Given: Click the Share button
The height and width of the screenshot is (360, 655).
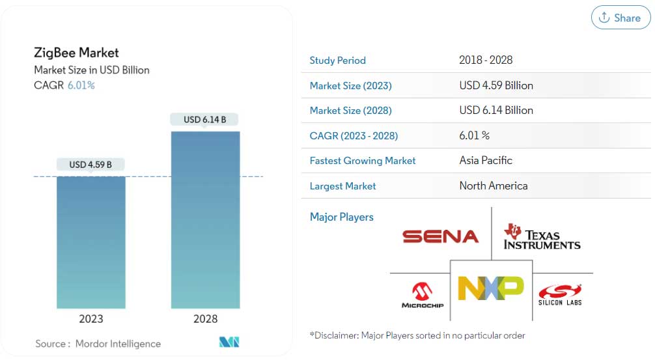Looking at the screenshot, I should coord(620,18).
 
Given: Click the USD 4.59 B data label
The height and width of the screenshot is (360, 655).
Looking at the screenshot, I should coord(91,165).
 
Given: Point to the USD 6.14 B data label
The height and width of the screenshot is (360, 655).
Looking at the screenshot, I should coord(204,120).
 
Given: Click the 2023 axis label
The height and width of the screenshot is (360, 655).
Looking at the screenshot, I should coord(91,319).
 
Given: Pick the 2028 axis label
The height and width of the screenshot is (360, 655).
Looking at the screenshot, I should coord(205,319).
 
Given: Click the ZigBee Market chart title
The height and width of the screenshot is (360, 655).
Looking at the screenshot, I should coord(76,53).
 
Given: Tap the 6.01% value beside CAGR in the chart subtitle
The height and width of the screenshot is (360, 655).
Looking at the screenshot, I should coord(81,85).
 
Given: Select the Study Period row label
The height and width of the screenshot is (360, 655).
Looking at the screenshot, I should coord(337,61).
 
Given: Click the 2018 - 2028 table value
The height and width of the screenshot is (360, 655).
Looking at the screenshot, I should coord(486,61).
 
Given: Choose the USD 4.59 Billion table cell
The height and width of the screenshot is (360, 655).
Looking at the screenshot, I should coord(496,85).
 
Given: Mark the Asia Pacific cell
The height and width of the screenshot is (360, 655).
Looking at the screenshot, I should coord(486,160).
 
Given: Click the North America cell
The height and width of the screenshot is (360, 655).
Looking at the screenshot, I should coord(494,186).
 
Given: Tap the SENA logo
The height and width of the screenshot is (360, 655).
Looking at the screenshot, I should coord(440,236).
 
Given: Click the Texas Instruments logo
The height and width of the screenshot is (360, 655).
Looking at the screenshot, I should coord(542,237).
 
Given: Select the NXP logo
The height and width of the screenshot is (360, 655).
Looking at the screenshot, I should coord(491,288).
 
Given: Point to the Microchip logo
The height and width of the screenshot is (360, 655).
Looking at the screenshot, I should coord(422,295).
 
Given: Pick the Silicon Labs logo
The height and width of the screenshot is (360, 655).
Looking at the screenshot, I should coord(560,295).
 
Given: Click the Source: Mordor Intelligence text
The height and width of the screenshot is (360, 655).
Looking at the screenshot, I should coord(98,343).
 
